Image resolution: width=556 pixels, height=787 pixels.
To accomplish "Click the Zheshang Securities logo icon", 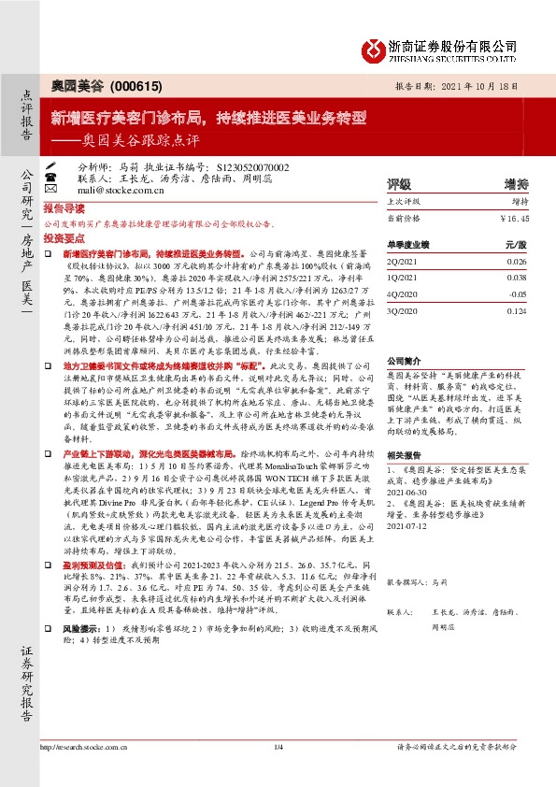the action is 373,49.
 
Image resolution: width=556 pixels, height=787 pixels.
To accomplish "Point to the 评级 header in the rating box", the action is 399,183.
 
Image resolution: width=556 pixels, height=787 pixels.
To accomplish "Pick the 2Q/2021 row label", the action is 403,261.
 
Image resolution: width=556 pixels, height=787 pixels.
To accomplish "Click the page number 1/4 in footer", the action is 278,747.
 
